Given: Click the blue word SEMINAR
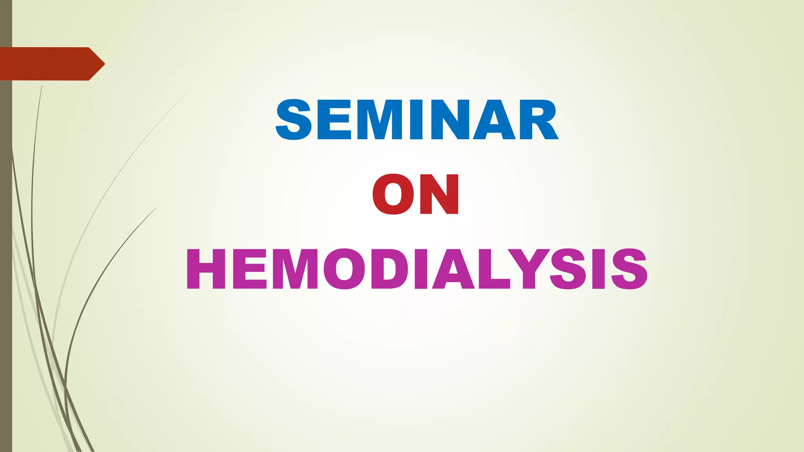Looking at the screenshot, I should (417, 120).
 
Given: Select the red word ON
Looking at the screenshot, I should (416, 195).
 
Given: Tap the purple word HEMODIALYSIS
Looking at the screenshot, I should (417, 270).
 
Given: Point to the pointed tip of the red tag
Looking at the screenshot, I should (104, 64).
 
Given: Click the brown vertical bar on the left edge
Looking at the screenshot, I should (6, 275).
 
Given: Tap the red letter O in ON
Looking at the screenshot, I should (393, 195).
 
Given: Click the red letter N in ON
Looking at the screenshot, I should (439, 195).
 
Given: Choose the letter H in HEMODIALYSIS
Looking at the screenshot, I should (206, 270).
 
